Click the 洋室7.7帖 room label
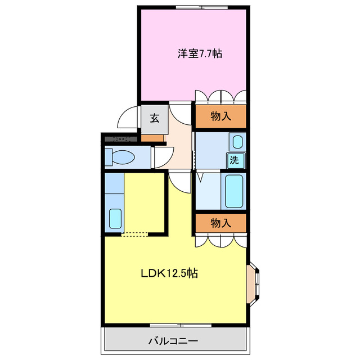(x=200, y=54)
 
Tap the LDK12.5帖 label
(x=169, y=274)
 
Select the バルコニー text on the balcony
(x=173, y=341)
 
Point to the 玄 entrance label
(x=154, y=119)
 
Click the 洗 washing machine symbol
(x=236, y=159)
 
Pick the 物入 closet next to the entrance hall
(x=220, y=116)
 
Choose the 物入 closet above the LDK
(x=220, y=223)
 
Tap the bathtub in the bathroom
(x=233, y=191)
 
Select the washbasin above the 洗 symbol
(x=237, y=141)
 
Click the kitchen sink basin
(x=115, y=218)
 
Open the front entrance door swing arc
(x=127, y=118)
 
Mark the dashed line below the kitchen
(x=135, y=234)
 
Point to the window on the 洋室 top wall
(x=200, y=7)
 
